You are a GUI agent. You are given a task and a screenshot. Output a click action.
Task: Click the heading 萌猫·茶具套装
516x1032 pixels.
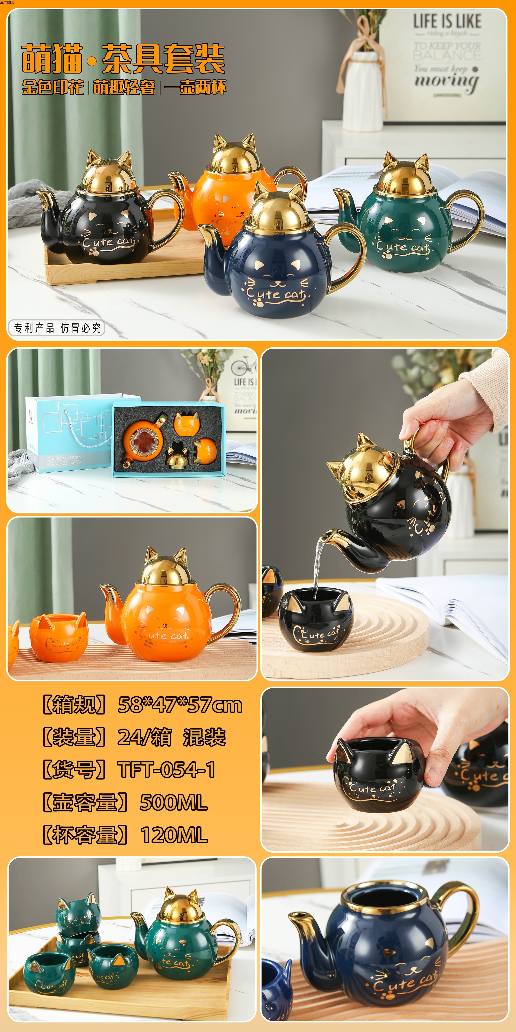123,59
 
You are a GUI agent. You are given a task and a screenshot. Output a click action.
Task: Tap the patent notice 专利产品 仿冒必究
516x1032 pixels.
57,328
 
